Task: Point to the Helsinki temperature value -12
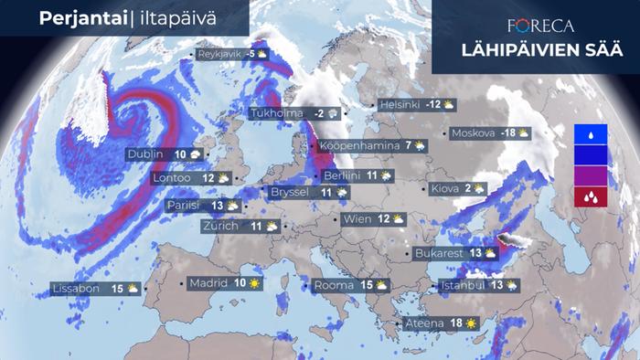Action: [x=433, y=104]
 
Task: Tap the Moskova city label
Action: [x=473, y=132]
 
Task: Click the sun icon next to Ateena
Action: [x=470, y=323]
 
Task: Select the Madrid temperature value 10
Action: [x=240, y=283]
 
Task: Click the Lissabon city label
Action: [x=76, y=289]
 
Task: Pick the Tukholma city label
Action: [x=277, y=112]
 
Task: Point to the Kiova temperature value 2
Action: [x=467, y=189]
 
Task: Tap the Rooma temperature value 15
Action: [x=366, y=285]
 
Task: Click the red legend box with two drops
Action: [x=590, y=196]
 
